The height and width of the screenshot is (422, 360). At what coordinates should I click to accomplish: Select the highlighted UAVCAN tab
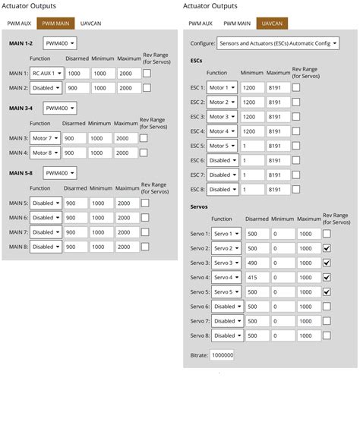point(271,24)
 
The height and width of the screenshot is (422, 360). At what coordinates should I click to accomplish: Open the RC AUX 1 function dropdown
point(46,74)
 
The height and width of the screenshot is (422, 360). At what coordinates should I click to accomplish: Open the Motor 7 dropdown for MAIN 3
point(46,139)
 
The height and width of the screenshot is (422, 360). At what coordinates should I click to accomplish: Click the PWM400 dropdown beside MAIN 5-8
point(59,173)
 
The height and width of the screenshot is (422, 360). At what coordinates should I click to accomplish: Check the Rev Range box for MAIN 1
point(146,74)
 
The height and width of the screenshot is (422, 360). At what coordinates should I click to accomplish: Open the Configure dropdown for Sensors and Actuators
point(278,44)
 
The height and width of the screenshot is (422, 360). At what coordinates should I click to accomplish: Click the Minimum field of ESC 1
point(252,88)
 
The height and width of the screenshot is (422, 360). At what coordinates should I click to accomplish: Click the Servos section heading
point(200,206)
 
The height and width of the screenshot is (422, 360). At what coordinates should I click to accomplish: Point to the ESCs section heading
point(197,60)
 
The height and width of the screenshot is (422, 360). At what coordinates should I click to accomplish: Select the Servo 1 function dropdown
point(227,234)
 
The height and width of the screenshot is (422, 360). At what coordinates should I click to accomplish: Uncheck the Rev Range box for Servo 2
point(327,248)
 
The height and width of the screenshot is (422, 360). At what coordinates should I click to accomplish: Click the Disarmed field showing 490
point(257,263)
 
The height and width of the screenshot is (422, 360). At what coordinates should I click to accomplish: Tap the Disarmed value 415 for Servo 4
point(257,277)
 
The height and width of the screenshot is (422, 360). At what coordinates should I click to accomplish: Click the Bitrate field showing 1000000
point(223,354)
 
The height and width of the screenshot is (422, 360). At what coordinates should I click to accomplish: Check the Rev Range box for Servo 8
point(327,335)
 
